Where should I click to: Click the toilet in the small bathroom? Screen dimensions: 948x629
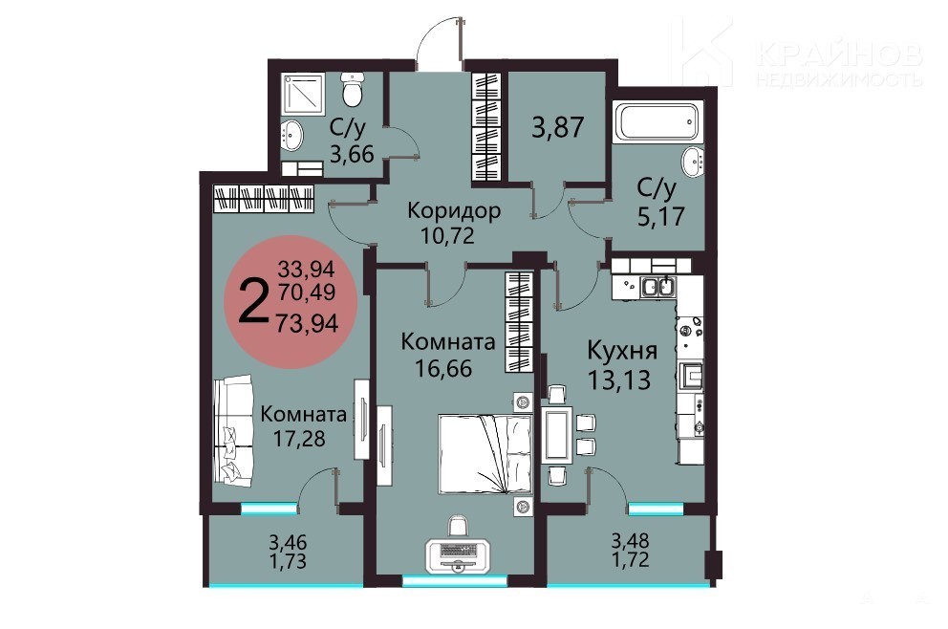coord(352,89)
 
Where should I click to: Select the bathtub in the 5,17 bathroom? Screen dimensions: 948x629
coord(656,122)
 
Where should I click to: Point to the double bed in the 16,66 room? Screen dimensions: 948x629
coord(485,454)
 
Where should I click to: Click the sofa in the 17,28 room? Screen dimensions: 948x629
coord(233,429)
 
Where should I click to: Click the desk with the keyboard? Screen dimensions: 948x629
coord(459,554)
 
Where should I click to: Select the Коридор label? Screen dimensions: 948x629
coord(453,210)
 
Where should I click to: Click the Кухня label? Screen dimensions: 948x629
coord(622,350)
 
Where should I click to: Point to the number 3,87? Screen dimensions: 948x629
coord(557,127)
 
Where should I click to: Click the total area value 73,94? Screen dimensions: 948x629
coord(307,323)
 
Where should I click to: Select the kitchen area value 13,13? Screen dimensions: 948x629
coord(619,380)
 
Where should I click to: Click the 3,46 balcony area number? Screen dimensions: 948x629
coord(288,541)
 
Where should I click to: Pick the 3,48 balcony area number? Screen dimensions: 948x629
coord(630,538)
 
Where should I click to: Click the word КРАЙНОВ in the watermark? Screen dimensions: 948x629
coord(839,54)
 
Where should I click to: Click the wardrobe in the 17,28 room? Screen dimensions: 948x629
coord(264,199)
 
